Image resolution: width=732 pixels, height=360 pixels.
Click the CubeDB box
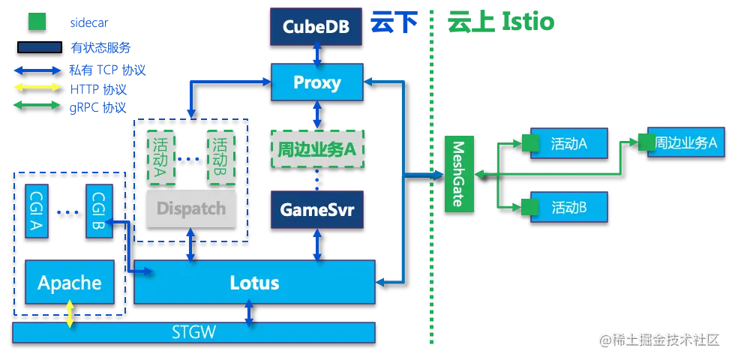tap(316, 26)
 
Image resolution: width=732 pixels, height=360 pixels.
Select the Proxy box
tap(317, 82)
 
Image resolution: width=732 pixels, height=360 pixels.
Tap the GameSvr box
tap(317, 210)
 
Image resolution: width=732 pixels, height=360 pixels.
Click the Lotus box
tap(254, 282)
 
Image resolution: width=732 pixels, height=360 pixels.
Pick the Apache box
tap(70, 282)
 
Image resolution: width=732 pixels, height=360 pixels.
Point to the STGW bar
tap(193, 332)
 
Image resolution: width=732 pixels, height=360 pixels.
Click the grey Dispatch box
tap(191, 208)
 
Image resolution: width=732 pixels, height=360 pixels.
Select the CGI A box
tap(37, 211)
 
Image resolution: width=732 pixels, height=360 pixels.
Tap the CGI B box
tap(97, 211)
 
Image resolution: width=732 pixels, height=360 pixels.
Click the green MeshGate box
tap(459, 174)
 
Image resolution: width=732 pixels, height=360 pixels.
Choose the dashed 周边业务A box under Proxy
tap(317, 149)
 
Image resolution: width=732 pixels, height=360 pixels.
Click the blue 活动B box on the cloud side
tap(568, 207)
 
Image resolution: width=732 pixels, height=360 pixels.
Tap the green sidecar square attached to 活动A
tap(530, 143)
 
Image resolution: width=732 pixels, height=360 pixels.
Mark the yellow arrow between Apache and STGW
tap(70, 313)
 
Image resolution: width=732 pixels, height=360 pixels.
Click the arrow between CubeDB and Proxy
tap(317, 55)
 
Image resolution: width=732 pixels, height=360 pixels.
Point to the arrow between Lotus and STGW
tap(249, 313)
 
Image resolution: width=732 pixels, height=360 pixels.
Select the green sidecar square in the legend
tap(37, 22)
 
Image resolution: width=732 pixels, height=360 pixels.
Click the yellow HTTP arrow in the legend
tap(37, 87)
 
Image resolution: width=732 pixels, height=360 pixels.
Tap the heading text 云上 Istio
tap(501, 22)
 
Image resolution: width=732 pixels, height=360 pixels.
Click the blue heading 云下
tap(394, 22)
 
